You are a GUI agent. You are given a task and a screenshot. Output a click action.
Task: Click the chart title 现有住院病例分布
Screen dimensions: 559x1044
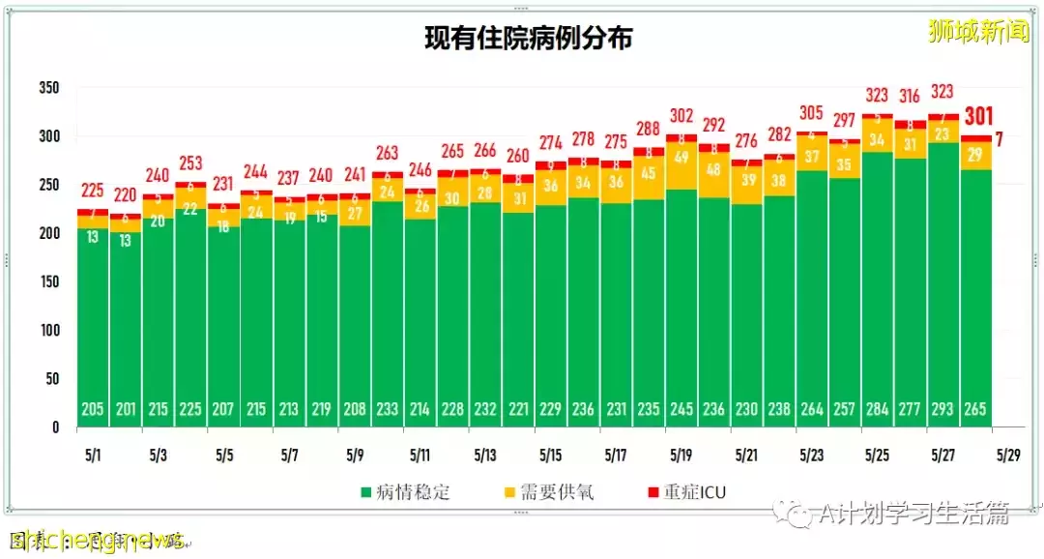click(x=529, y=39)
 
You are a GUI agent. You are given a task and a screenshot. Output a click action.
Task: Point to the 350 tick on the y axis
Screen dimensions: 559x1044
click(x=48, y=88)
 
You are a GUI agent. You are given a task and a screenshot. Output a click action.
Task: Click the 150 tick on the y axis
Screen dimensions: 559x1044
click(x=48, y=281)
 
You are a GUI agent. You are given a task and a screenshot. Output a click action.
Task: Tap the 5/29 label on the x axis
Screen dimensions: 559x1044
click(x=1008, y=454)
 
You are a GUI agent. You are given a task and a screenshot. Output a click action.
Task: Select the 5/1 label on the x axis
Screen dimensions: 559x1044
click(x=93, y=454)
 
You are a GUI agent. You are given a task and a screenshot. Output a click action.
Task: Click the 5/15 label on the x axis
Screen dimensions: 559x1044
click(x=551, y=454)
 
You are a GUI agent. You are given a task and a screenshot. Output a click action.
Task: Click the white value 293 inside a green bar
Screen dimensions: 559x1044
click(x=942, y=410)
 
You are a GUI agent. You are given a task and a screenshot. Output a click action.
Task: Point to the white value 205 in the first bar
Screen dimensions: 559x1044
click(x=93, y=410)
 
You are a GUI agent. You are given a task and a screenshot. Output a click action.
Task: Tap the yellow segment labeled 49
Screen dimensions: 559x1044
click(x=681, y=157)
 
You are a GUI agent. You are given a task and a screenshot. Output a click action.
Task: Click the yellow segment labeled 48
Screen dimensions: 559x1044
click(x=714, y=168)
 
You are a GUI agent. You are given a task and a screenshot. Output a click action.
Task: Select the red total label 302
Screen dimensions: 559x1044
click(x=681, y=116)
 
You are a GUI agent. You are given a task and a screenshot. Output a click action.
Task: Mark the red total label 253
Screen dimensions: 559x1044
click(x=190, y=162)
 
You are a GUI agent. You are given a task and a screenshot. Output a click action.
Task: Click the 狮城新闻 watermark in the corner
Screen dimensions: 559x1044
click(x=977, y=32)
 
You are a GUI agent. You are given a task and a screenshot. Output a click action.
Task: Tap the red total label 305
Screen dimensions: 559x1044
click(x=812, y=112)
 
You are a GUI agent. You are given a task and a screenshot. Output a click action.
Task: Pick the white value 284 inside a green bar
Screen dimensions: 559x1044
click(x=878, y=410)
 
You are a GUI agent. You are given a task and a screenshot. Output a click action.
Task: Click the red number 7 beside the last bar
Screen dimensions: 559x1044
click(x=1000, y=139)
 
